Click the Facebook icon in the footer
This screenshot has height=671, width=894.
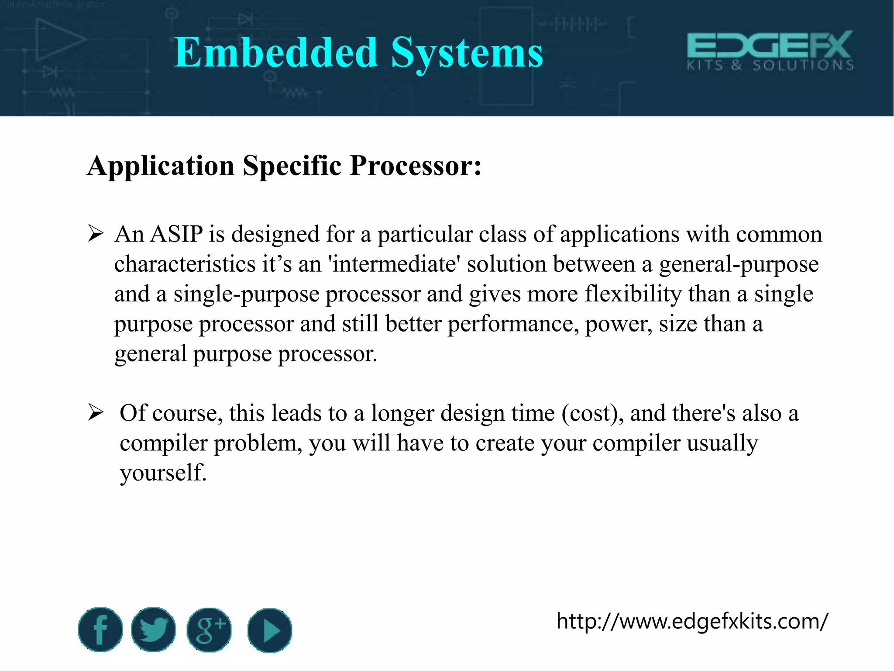[x=100, y=629]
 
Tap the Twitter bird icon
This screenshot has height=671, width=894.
[x=153, y=629]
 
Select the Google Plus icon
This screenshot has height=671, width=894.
[x=209, y=630]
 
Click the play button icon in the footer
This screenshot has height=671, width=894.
[x=269, y=630]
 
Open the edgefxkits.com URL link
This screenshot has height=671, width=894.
[x=692, y=621]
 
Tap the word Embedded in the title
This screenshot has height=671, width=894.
[x=275, y=53]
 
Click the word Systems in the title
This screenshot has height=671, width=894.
[x=467, y=53]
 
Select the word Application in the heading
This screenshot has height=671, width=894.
[x=161, y=166]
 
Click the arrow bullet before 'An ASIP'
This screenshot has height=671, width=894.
[x=96, y=234]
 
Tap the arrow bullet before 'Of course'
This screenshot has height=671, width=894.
[x=96, y=412]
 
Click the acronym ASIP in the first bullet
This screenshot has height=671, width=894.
[x=176, y=234]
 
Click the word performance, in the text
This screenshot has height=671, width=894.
[x=513, y=324]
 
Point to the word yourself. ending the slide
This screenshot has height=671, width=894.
[x=163, y=473]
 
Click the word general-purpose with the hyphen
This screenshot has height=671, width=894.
[x=739, y=265]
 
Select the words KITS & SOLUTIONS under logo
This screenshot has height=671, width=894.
[x=770, y=66]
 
